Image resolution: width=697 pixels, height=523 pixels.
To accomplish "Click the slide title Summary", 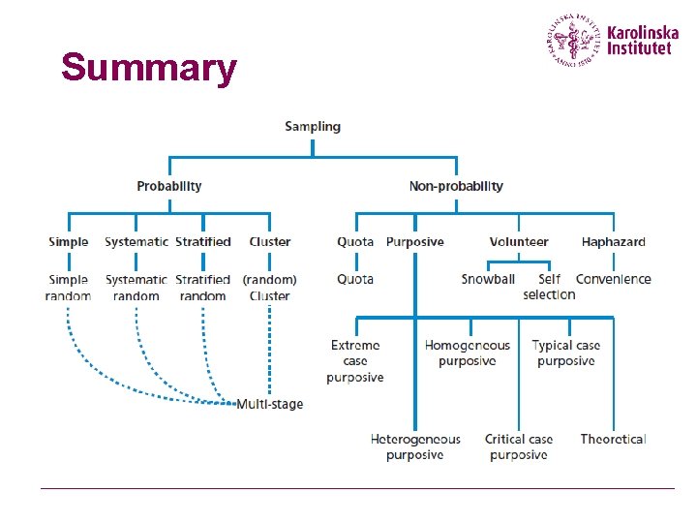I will coord(148,68).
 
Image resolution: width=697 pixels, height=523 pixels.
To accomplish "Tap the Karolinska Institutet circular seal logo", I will coord(574,40).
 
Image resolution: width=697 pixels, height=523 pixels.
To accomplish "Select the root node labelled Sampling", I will coord(313,126).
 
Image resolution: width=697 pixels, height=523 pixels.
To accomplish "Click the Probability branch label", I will coord(169,186).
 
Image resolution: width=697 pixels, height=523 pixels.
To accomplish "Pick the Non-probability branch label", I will coord(456,186).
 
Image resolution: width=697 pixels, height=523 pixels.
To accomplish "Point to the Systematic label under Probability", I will coord(136,242).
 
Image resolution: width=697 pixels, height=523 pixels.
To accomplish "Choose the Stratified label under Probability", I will coord(203,242).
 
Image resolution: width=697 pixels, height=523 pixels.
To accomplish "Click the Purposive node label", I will coord(414,242).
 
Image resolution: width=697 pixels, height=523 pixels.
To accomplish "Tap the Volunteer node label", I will coord(519,242).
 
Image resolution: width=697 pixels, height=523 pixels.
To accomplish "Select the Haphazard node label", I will coord(613,242).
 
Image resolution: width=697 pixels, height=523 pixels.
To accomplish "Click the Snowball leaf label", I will coord(488,279).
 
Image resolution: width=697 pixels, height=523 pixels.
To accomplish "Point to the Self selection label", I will coord(549,287).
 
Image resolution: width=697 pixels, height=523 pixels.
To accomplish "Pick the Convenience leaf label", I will coord(613,279).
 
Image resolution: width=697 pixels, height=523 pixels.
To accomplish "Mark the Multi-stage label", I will coord(270,404).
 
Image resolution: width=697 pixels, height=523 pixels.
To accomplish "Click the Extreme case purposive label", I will coord(355,361).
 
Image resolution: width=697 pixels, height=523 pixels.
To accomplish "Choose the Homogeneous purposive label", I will coord(468,353).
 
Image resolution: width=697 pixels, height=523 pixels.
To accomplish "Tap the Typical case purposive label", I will coord(566,353).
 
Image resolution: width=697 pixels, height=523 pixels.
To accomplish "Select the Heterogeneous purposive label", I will coord(415,446).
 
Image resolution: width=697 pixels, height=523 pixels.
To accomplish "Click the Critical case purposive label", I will coord(519,446).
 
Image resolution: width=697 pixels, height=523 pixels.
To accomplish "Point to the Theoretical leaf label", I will coord(613,439).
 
